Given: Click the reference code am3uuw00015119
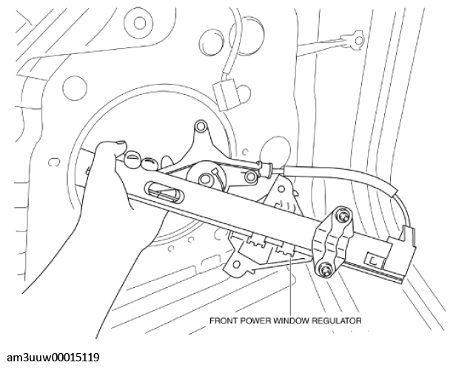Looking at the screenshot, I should (50, 357).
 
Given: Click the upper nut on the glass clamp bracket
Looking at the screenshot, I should (343, 217).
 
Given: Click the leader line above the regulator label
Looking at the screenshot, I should (291, 289).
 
